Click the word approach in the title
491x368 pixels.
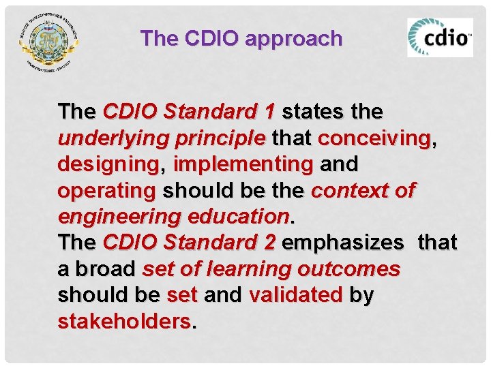point(293,39)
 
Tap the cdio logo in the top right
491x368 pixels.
point(440,37)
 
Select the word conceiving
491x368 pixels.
point(374,138)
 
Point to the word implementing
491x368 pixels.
point(243,164)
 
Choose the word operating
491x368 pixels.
point(107,190)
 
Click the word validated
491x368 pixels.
point(296,296)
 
